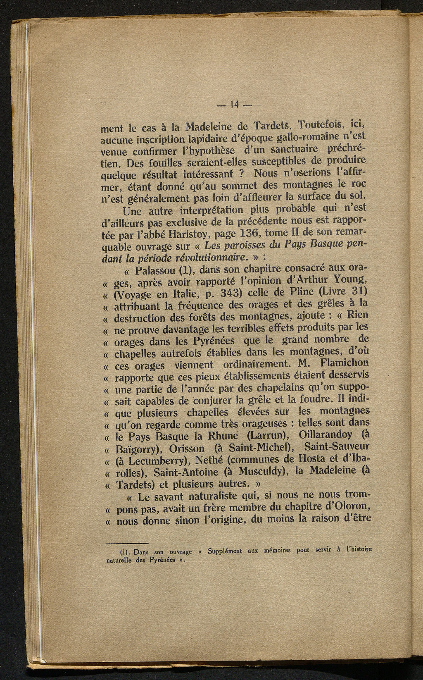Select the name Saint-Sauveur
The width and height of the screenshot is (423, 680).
point(336,446)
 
